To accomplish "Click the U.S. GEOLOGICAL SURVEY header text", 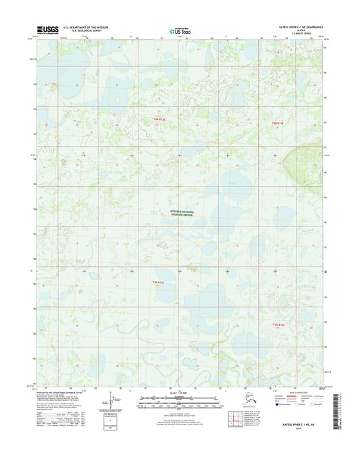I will pyautogui.click(x=84, y=32).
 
